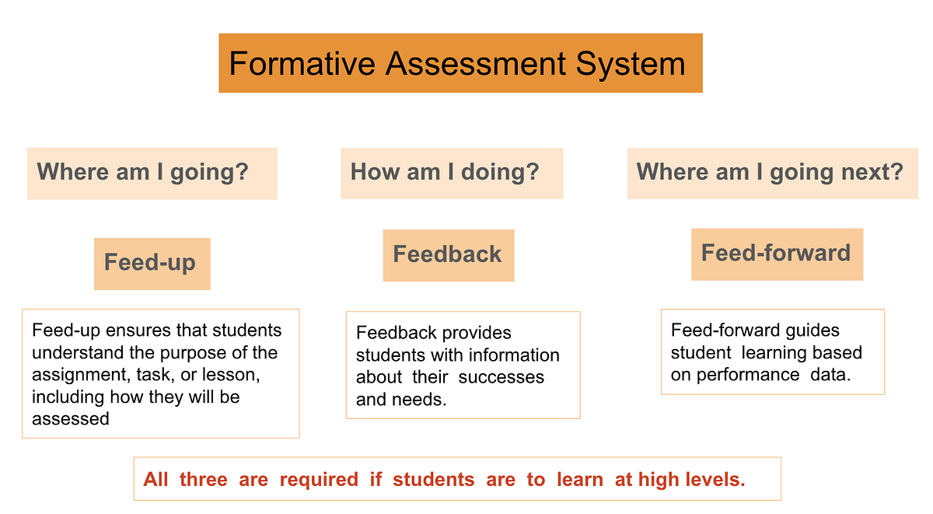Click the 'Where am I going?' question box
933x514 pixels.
coord(152,172)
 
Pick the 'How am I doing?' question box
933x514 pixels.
coord(452,172)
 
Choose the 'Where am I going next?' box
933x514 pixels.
coord(772,172)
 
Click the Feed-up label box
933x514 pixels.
coord(152,263)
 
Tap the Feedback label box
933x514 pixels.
coord(448,254)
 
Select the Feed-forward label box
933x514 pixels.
coord(777,253)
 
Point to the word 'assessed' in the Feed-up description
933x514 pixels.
coord(71,419)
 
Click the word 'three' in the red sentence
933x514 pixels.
coord(203,480)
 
